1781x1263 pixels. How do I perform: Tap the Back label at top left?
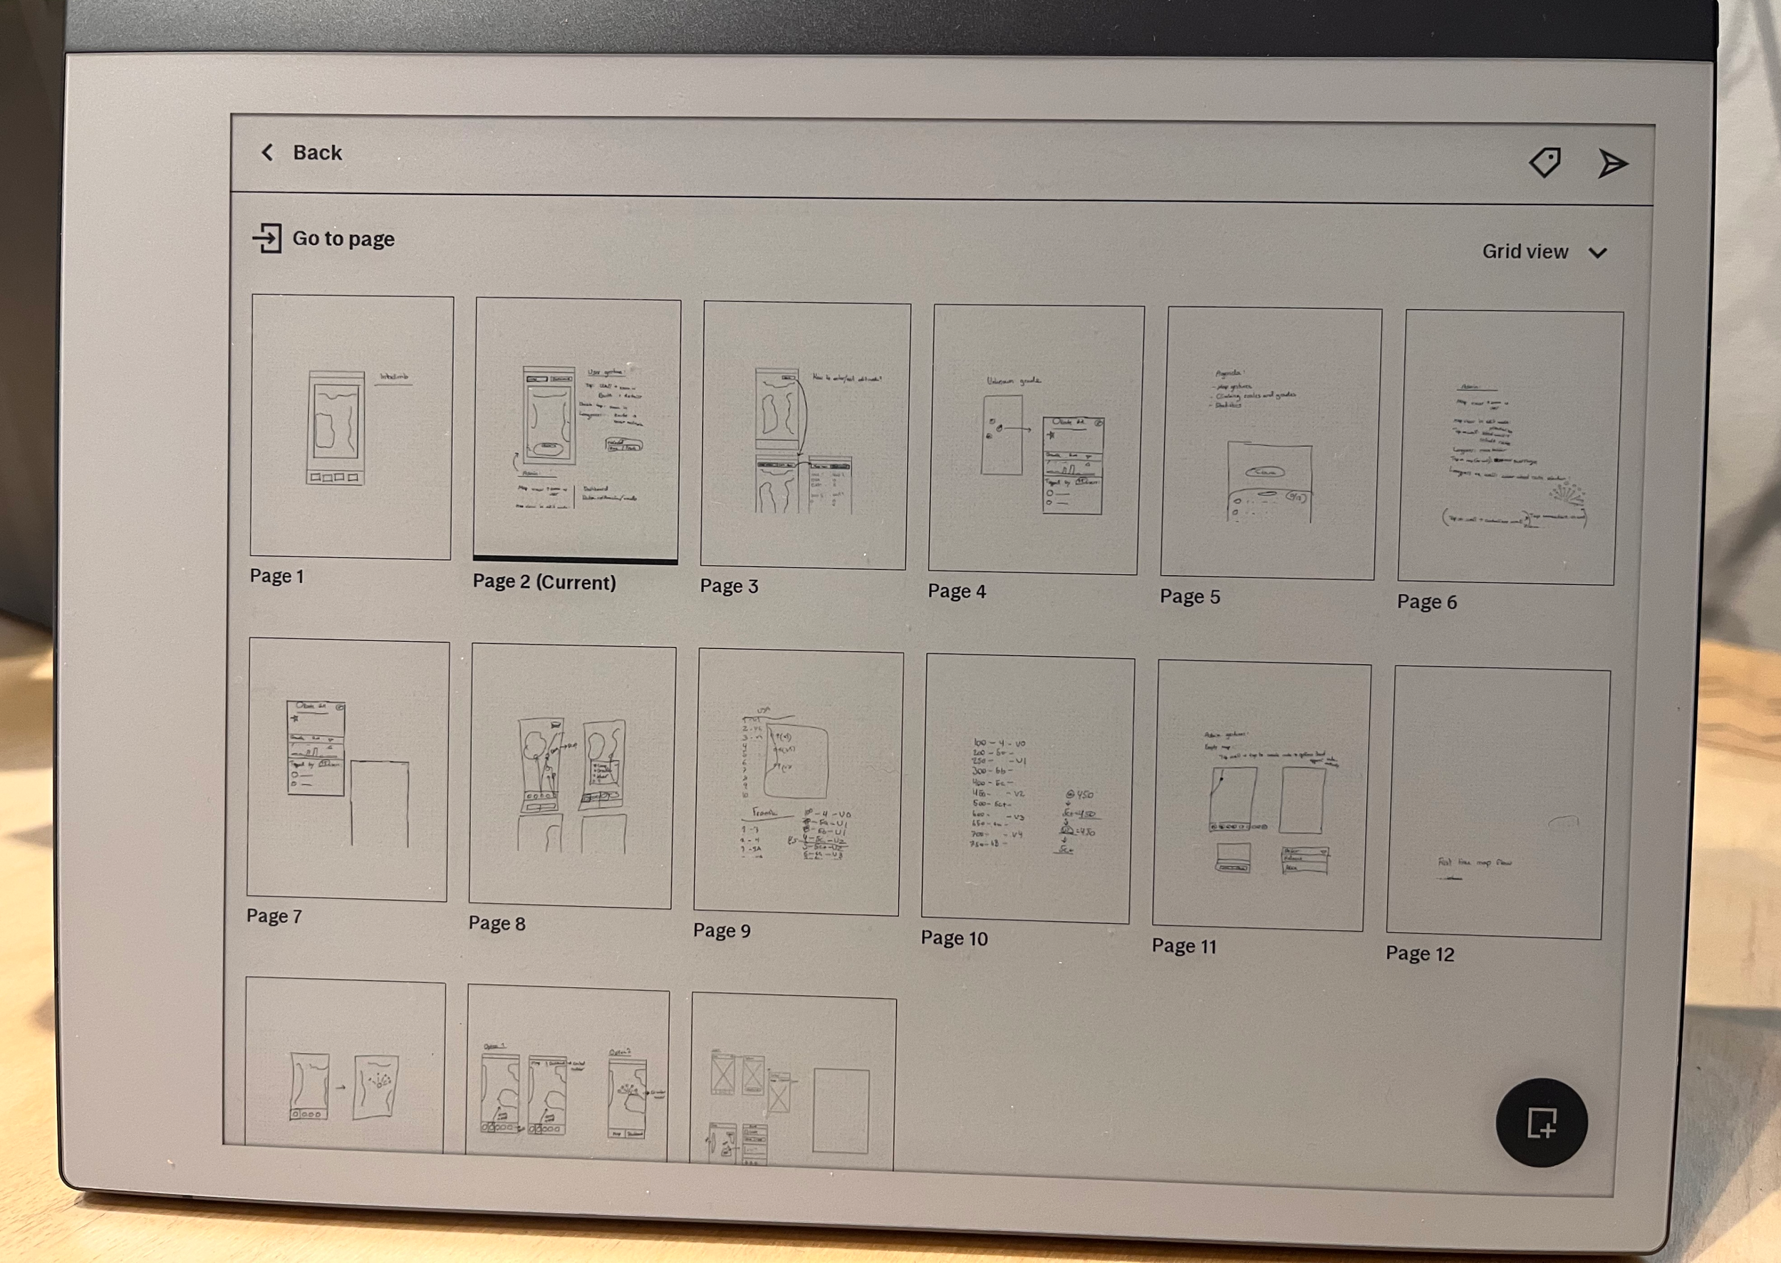coord(316,152)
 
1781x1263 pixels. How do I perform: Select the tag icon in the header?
coord(1544,162)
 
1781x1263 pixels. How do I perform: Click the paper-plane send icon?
coord(1611,164)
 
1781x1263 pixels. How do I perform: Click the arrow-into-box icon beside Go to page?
coord(266,238)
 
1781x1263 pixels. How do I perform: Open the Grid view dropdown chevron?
coord(1597,253)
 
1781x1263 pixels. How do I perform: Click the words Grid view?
coord(1525,251)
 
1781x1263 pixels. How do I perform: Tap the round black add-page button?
coord(1541,1122)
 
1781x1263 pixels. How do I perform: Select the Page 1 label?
coord(277,576)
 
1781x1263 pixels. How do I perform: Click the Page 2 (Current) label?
coord(544,583)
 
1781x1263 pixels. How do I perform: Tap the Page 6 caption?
coord(1426,602)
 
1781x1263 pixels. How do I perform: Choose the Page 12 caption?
coord(1419,955)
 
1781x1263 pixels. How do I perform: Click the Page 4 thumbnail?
coord(1035,440)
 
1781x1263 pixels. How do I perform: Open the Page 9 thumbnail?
coord(798,782)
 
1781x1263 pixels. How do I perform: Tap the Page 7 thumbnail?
coord(348,770)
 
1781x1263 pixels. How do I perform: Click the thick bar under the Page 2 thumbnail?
coord(575,560)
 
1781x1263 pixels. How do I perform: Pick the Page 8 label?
coord(497,924)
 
